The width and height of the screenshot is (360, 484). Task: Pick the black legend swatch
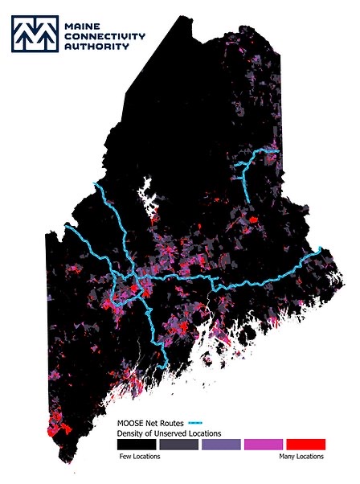point(137,445)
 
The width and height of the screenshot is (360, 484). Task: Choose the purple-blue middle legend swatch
point(221,445)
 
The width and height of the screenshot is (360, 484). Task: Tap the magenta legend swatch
point(264,445)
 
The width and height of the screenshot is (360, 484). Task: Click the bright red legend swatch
point(305,445)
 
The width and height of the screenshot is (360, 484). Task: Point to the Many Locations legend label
point(301,457)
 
